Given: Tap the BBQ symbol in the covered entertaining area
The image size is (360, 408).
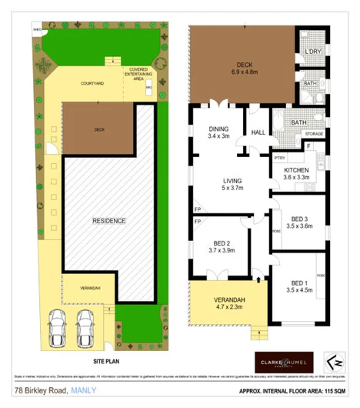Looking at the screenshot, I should pyautogui.click(x=149, y=90).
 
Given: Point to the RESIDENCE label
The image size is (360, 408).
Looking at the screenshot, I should pyautogui.click(x=109, y=221).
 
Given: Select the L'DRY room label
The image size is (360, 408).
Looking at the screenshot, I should pyautogui.click(x=313, y=52).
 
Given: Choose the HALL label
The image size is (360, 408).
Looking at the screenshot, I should pyautogui.click(x=258, y=133).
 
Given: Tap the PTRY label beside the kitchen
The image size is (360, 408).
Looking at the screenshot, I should pyautogui.click(x=280, y=158).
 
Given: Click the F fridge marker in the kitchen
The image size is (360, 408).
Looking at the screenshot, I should pyautogui.click(x=309, y=145).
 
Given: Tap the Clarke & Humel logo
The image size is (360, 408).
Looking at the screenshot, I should pyautogui.click(x=282, y=360).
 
